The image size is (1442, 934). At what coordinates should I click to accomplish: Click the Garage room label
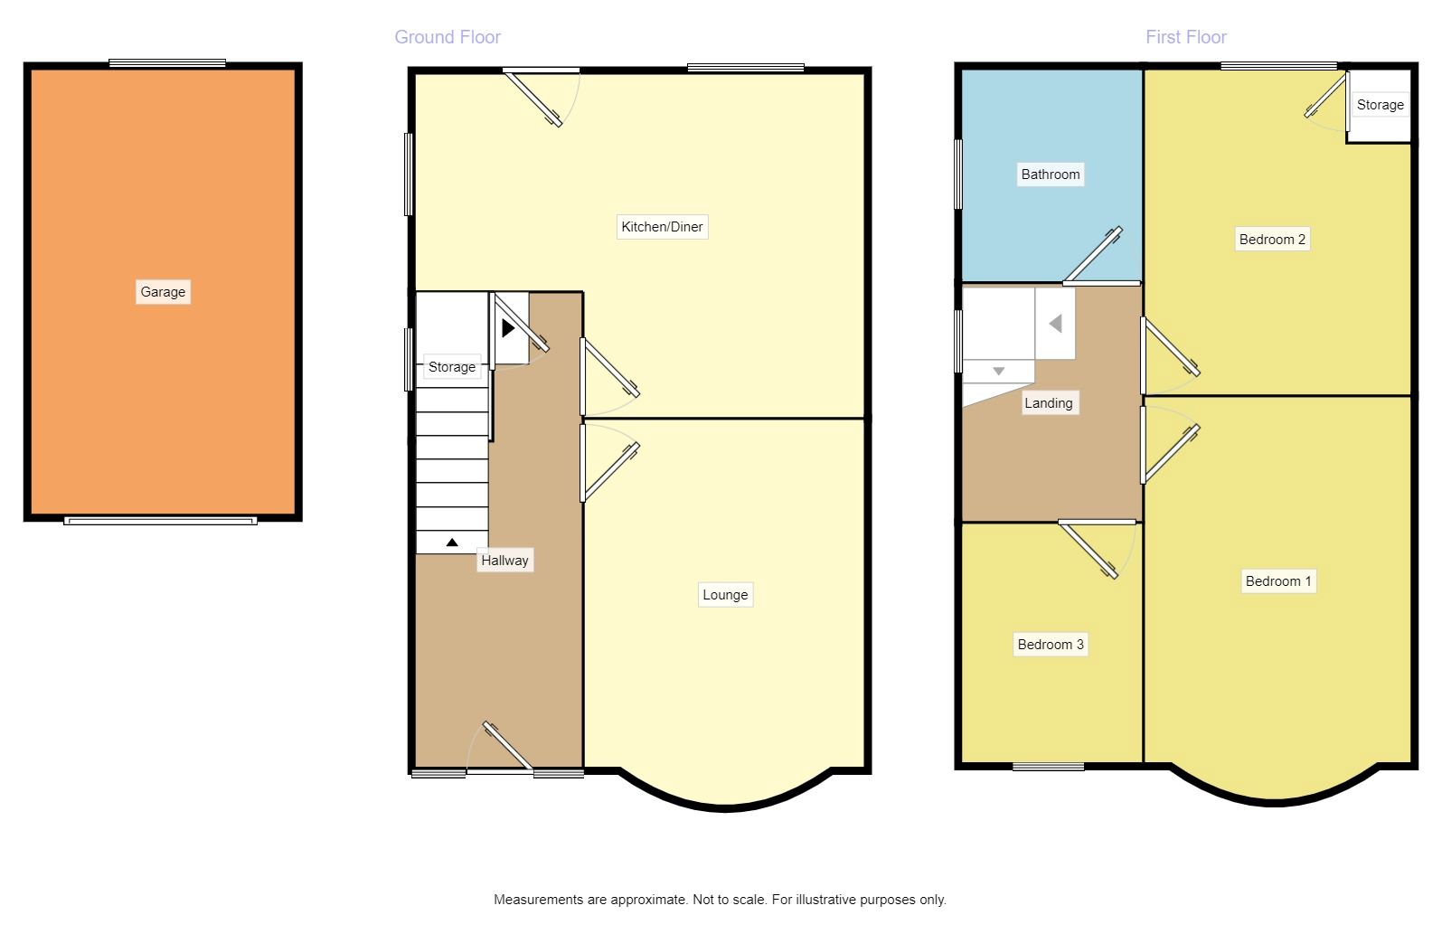click(163, 292)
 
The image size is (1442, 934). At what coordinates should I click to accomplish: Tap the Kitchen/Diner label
click(662, 227)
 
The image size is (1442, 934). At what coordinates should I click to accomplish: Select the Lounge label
click(725, 595)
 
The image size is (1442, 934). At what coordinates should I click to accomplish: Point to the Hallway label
click(504, 561)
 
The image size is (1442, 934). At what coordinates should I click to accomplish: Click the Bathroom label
click(1051, 175)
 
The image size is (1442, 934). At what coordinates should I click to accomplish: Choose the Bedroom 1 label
click(1278, 581)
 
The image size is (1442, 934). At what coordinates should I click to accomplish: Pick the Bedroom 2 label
click(1272, 240)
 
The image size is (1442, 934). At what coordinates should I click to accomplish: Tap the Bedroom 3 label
click(1051, 645)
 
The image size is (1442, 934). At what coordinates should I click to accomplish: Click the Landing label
click(1049, 403)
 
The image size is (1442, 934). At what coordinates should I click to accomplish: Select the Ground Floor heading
click(448, 37)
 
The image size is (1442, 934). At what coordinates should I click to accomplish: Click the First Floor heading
click(1186, 37)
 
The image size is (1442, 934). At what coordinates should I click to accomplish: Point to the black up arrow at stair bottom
click(452, 542)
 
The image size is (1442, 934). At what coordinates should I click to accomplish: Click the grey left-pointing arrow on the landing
click(1055, 323)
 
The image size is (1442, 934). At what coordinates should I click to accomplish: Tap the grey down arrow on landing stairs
click(998, 372)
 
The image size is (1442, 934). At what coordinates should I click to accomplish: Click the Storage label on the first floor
click(1381, 105)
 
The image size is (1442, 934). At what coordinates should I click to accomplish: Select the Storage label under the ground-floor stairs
click(452, 367)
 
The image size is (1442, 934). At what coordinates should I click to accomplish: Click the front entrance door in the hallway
click(507, 747)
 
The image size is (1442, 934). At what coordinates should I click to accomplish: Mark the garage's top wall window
click(167, 63)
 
